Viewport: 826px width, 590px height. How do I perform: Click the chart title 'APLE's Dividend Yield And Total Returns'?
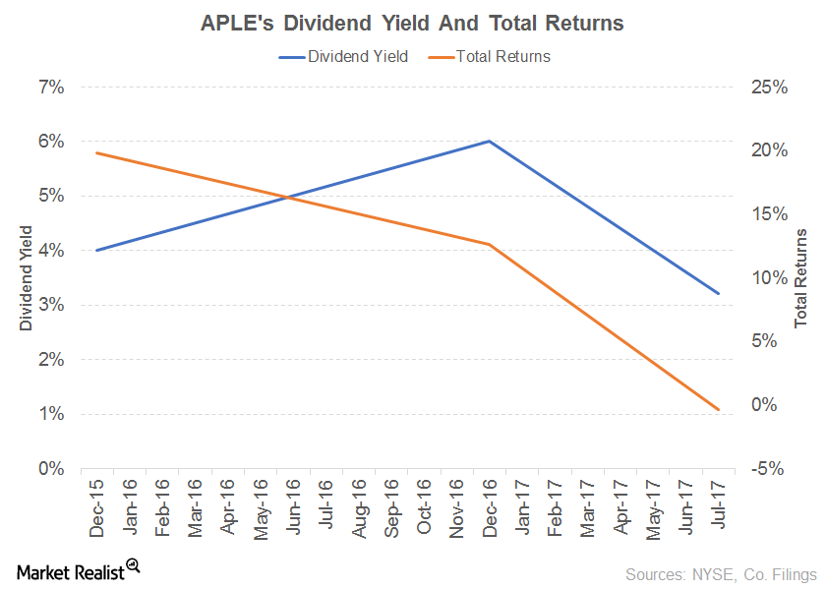(412, 23)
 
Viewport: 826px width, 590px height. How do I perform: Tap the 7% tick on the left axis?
(51, 88)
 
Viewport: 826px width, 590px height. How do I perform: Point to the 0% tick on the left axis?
(51, 469)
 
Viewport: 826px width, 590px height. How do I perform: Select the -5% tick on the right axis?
(767, 469)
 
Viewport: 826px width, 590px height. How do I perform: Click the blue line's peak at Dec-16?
(489, 142)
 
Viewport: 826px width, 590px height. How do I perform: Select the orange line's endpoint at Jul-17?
(718, 409)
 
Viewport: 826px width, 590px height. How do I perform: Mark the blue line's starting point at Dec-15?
(96, 251)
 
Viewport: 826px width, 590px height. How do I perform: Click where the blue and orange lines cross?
(287, 198)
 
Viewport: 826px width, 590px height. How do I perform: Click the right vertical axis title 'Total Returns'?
(801, 278)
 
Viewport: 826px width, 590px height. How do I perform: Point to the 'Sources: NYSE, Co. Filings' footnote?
(720, 573)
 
